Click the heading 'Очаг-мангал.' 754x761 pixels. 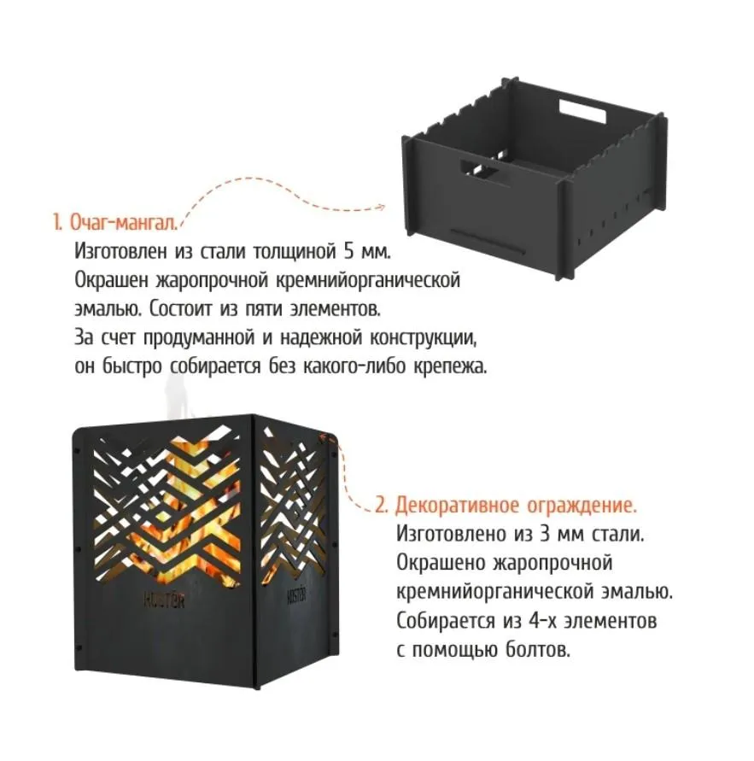click(123, 223)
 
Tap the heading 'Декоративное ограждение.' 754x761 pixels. click(515, 506)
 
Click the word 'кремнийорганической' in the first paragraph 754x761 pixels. click(368, 281)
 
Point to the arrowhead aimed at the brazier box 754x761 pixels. click(380, 208)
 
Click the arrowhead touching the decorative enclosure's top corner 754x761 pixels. click(323, 436)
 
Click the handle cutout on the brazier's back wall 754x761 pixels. click(582, 111)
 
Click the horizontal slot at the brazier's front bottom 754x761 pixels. click(487, 241)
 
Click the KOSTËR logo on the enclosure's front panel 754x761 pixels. click(164, 600)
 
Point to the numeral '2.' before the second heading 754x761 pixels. click(382, 506)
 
